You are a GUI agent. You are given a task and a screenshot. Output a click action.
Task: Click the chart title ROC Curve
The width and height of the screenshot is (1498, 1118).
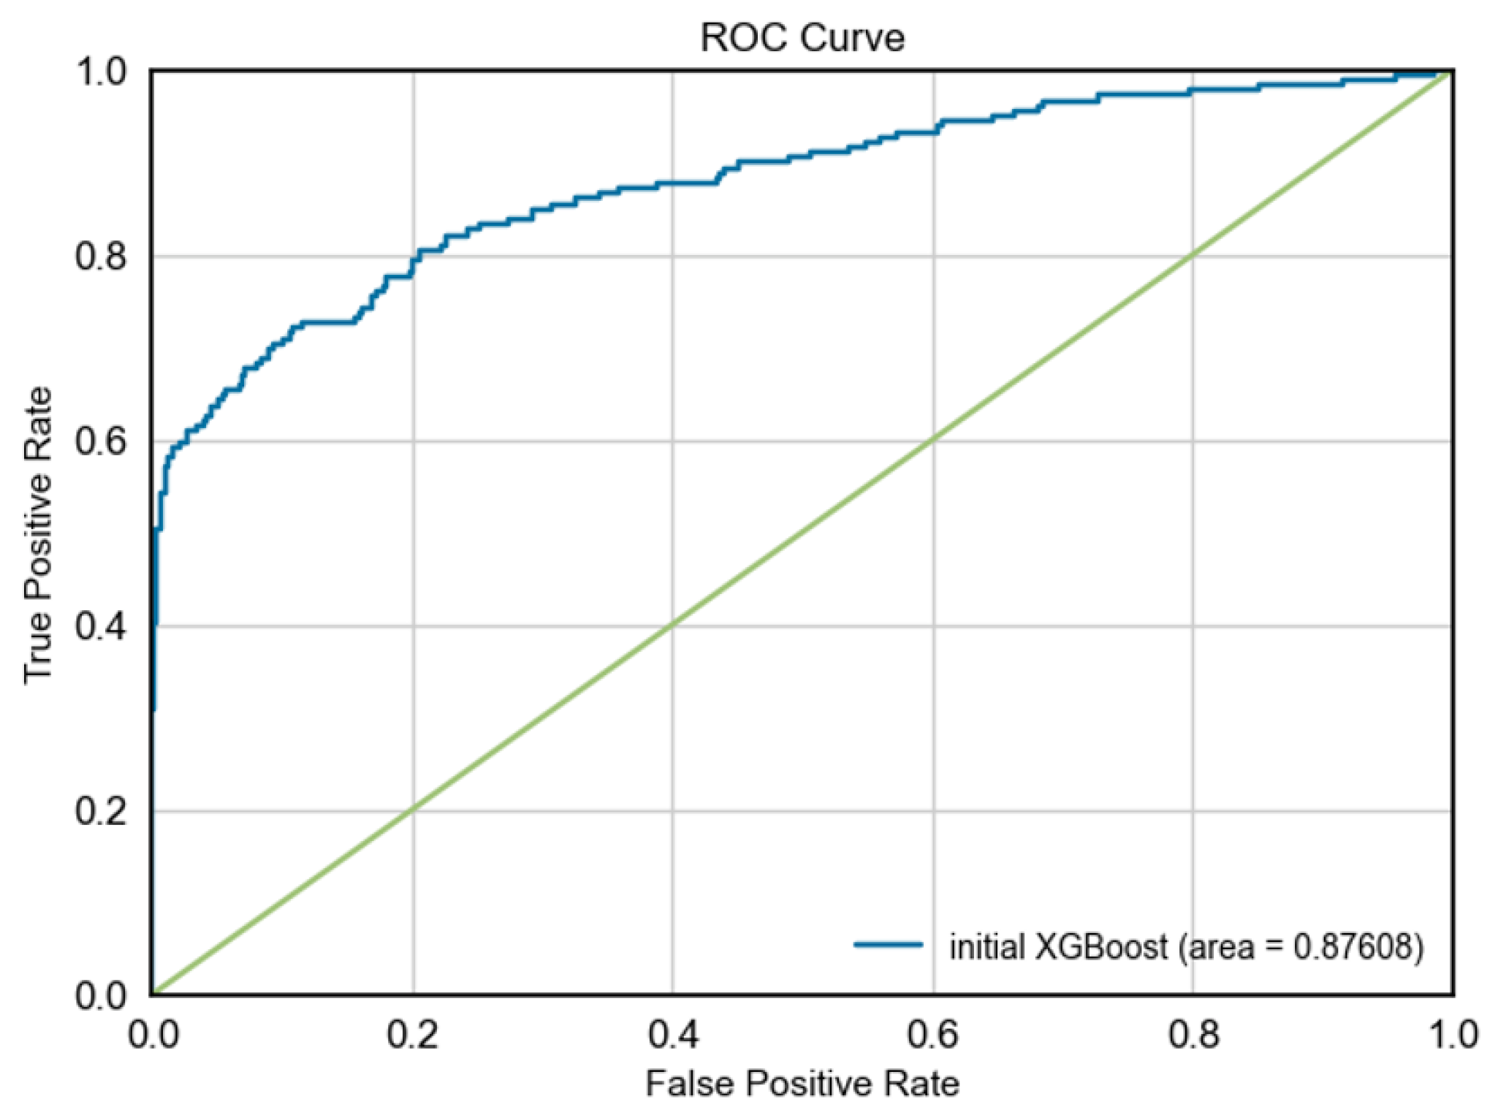(802, 38)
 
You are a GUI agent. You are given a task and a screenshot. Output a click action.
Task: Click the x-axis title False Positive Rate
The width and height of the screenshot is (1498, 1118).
(802, 1083)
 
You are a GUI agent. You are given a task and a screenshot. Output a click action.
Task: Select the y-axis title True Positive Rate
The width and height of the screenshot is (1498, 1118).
(38, 535)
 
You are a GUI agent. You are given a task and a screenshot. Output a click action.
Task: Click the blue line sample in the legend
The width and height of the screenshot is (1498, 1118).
(888, 946)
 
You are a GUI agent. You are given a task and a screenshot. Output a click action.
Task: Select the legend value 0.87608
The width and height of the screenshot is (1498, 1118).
(1356, 947)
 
